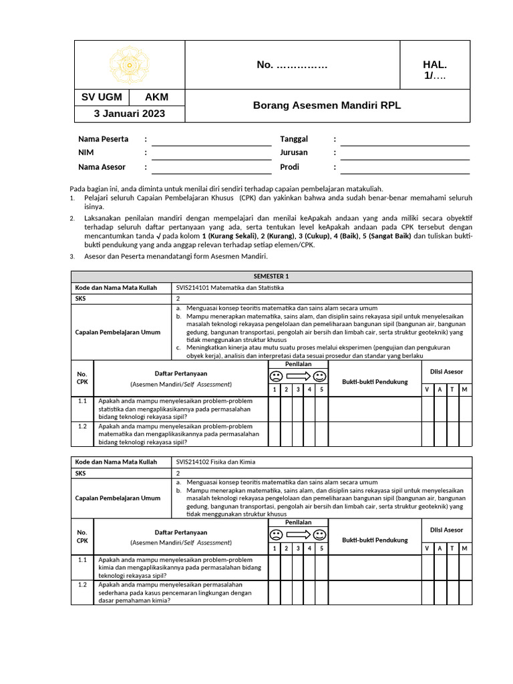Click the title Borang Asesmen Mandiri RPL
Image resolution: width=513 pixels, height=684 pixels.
click(x=327, y=106)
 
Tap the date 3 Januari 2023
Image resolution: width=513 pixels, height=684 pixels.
click(x=128, y=114)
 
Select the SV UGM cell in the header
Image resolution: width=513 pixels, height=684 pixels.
click(x=102, y=98)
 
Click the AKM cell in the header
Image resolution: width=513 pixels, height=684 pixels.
click(x=156, y=98)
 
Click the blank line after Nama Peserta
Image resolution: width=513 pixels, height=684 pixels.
click(x=206, y=140)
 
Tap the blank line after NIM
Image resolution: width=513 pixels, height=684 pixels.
click(x=206, y=154)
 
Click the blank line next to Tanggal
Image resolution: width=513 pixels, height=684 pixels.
click(x=405, y=140)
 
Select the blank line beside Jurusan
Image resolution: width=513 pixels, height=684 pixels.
click(x=405, y=154)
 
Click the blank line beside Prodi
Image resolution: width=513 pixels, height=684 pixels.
click(x=405, y=168)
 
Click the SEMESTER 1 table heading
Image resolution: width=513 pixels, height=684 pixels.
click(x=271, y=277)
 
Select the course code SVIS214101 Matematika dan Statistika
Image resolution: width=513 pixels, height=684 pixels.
click(x=230, y=288)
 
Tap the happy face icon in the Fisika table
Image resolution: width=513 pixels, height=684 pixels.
click(x=319, y=535)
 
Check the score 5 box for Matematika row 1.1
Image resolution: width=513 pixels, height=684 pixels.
click(x=321, y=408)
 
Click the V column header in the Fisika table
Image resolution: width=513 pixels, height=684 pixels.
click(x=427, y=548)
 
